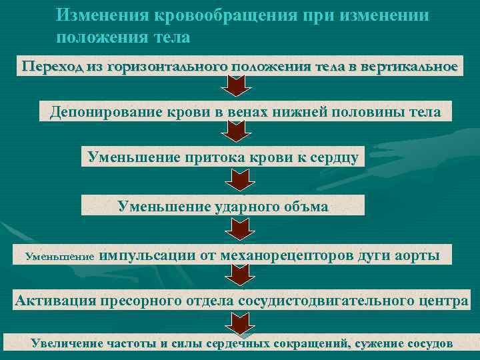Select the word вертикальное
coord(409,67)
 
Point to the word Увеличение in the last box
coord(66,344)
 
